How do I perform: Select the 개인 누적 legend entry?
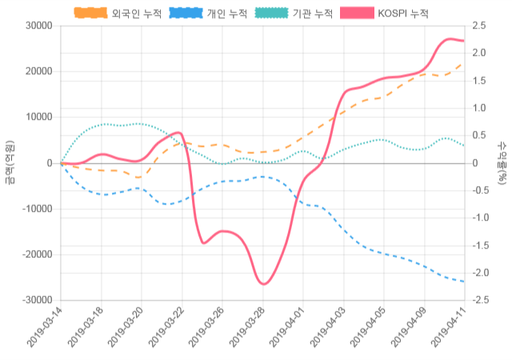tap(207, 14)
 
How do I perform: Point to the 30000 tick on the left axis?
tap(38, 26)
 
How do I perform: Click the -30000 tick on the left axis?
tap(36, 300)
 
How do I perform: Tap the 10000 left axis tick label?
tap(38, 117)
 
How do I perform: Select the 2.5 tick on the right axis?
tap(479, 26)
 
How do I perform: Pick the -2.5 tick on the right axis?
tap(481, 300)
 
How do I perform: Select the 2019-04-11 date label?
tap(450, 329)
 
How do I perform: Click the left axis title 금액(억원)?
tap(10, 162)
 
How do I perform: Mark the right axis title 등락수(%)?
tap(502, 162)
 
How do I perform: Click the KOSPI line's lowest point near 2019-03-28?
tap(263, 284)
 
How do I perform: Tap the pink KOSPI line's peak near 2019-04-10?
tap(450, 38)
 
